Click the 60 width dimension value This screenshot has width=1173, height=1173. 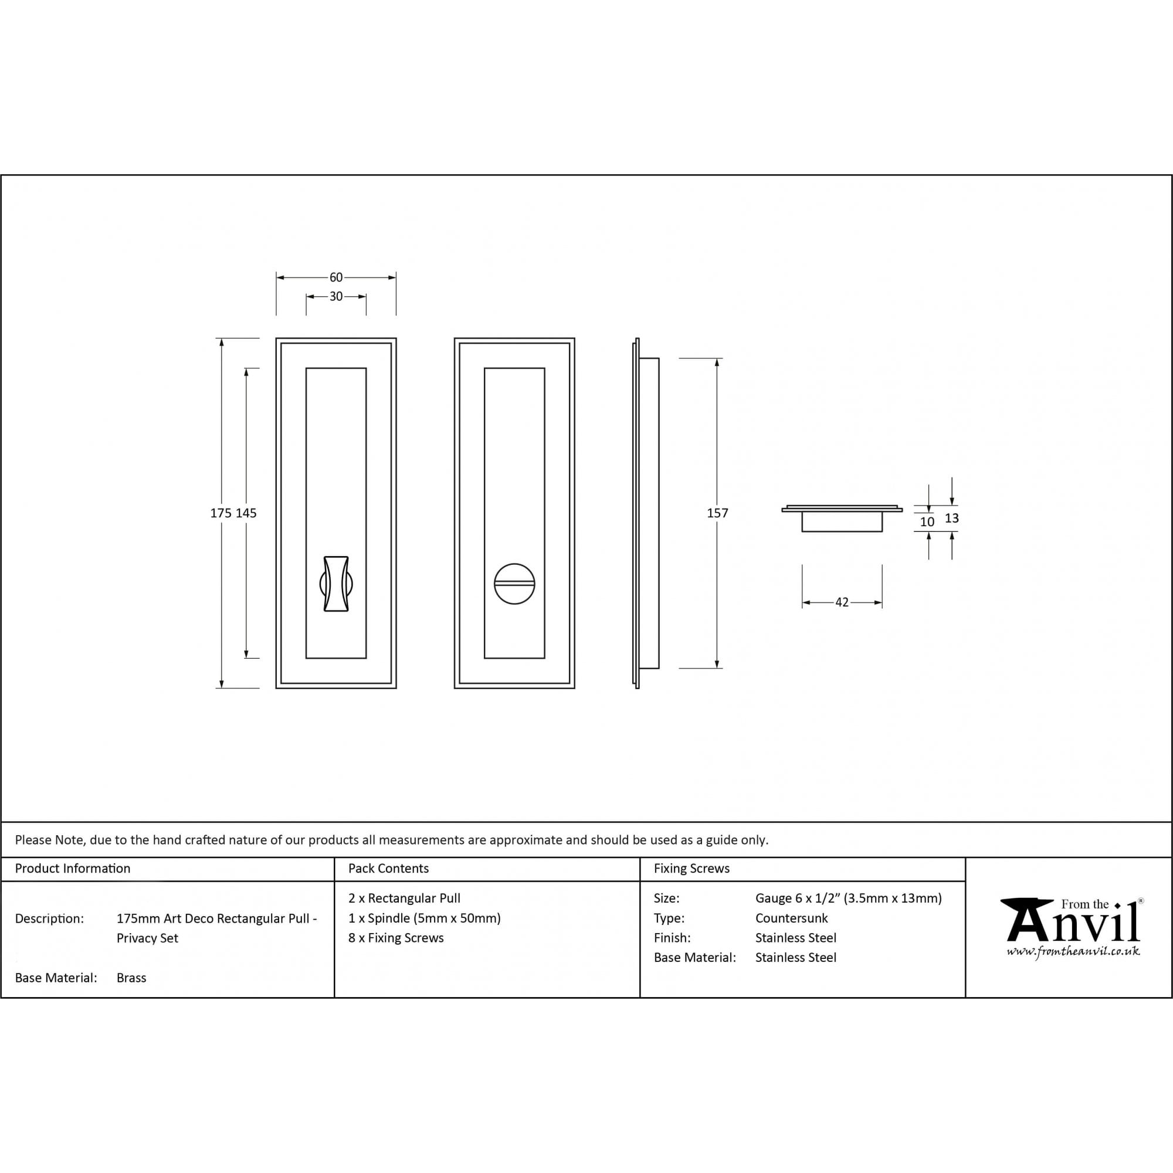[335, 277]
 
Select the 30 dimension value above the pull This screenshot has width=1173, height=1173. [335, 296]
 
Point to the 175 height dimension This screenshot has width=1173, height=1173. [221, 513]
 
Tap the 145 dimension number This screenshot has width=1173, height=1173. [246, 513]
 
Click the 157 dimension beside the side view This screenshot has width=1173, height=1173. [717, 513]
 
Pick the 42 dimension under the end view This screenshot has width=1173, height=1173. [842, 602]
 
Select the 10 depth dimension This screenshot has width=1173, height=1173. [927, 521]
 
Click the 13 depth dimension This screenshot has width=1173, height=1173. [951, 518]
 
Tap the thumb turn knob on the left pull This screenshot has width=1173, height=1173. [335, 584]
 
